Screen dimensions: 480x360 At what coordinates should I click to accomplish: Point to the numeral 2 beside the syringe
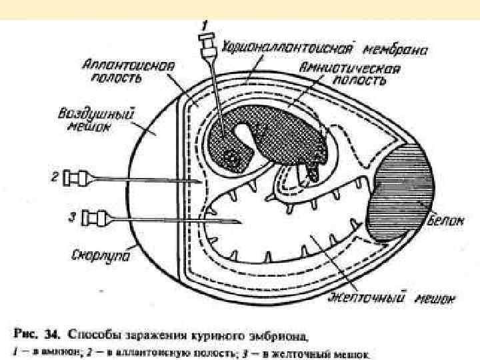click(x=56, y=177)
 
